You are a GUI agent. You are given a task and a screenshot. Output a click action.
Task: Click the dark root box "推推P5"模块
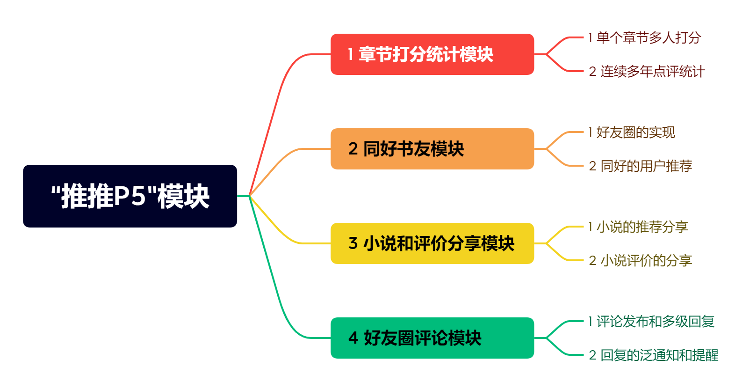(x=130, y=196)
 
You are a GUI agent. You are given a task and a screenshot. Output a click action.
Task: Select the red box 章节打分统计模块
(x=432, y=54)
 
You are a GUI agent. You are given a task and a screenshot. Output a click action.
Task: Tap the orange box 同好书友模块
(x=432, y=149)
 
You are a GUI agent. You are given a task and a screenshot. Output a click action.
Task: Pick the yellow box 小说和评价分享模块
(x=432, y=243)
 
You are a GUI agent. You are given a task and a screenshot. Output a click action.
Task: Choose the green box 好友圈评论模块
(x=432, y=338)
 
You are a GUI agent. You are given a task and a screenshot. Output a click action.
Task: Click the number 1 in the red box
(x=350, y=54)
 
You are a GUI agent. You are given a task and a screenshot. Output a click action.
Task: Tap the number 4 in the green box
(x=353, y=338)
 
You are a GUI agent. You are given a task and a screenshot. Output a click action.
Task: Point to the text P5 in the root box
(x=130, y=196)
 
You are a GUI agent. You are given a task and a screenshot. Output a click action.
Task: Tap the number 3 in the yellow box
(x=353, y=243)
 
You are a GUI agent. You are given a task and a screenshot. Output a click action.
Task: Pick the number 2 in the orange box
(x=353, y=149)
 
